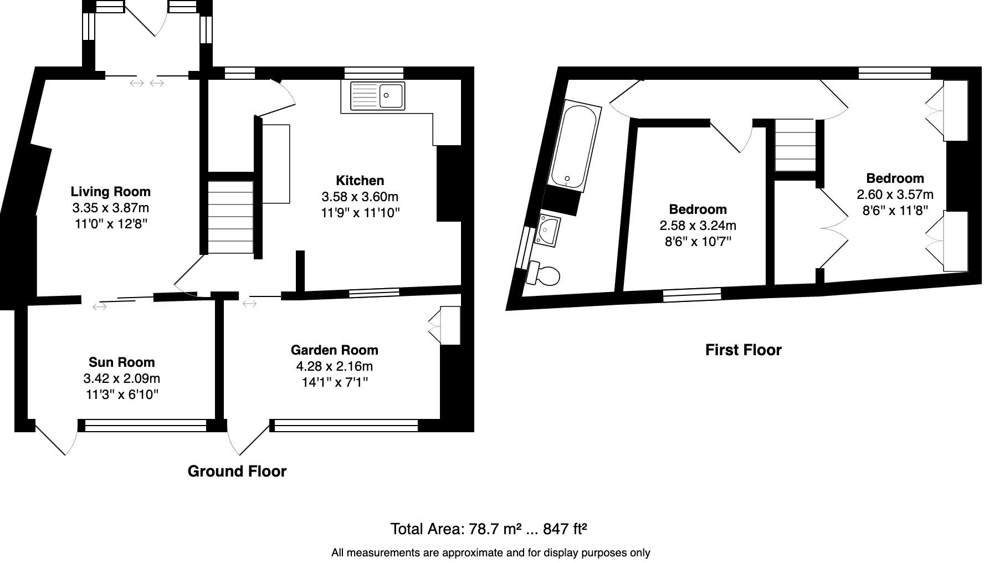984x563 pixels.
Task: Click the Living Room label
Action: click(111, 192)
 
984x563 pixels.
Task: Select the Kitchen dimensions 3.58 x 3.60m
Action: click(360, 197)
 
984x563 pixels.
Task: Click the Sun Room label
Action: click(122, 362)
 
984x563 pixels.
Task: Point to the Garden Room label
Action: click(335, 350)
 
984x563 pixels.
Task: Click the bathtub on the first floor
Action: click(574, 145)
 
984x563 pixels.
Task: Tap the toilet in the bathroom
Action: click(544, 274)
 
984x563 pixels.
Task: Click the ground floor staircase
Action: click(230, 218)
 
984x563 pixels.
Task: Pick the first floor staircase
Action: click(796, 146)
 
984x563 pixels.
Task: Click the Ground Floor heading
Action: click(237, 472)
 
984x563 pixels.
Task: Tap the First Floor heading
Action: click(744, 350)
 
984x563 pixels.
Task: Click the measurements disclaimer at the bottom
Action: click(491, 552)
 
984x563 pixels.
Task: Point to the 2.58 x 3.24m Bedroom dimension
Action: click(698, 226)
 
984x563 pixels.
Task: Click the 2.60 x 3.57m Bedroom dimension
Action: click(895, 195)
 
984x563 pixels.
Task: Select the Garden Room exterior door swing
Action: click(247, 441)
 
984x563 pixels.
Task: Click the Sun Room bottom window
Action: click(146, 426)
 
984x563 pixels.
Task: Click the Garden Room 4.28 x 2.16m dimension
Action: click(335, 366)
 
